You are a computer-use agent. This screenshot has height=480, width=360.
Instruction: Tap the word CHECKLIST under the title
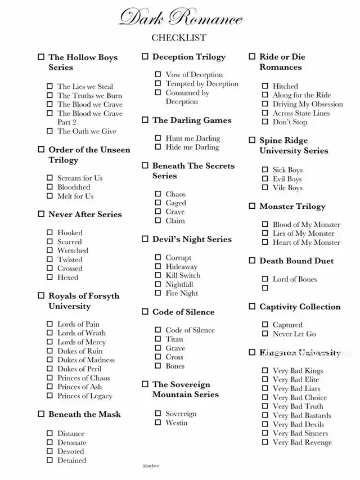click(x=179, y=38)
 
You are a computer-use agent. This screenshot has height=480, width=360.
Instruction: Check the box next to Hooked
click(x=49, y=232)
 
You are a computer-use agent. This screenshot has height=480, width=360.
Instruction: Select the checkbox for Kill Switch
click(x=158, y=276)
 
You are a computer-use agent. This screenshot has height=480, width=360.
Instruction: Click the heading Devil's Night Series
click(x=192, y=239)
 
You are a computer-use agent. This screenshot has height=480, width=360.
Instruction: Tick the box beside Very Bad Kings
click(x=265, y=371)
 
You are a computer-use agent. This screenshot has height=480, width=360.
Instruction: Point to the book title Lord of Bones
click(x=295, y=279)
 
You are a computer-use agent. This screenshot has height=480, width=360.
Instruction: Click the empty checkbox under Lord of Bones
click(x=265, y=288)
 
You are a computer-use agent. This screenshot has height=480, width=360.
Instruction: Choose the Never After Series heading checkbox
click(x=41, y=214)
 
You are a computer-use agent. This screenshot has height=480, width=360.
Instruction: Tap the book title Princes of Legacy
click(x=85, y=396)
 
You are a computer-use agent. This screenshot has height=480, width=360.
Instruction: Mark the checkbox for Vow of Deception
click(x=158, y=74)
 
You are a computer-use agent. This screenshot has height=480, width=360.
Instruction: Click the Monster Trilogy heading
click(x=292, y=207)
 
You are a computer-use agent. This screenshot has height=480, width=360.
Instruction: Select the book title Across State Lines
click(x=301, y=113)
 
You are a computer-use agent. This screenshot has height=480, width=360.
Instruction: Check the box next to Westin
click(x=158, y=423)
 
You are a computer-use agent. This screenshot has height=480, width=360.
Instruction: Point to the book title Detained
click(x=72, y=460)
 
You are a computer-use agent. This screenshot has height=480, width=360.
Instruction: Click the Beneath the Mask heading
click(x=84, y=414)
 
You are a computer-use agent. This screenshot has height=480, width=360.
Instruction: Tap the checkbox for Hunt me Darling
click(x=158, y=138)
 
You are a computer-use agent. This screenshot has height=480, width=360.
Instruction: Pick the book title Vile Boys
click(x=287, y=188)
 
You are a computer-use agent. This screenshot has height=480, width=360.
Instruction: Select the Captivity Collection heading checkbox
click(x=253, y=307)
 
